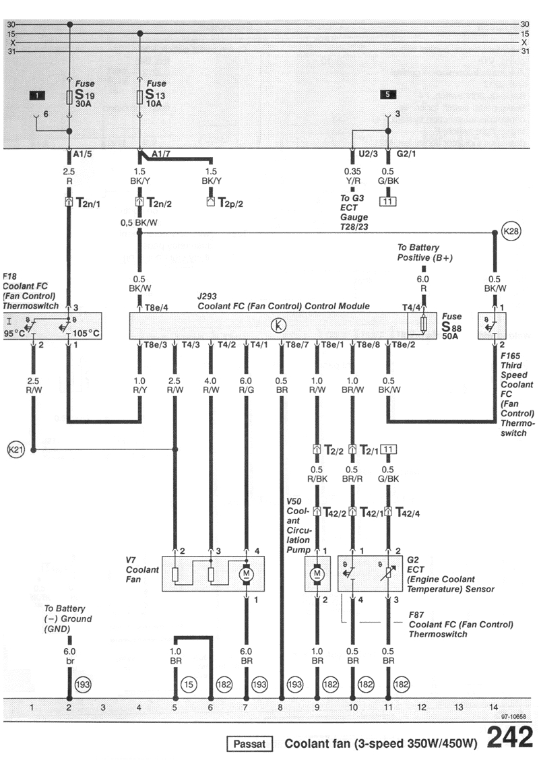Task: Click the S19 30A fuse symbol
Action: (70, 98)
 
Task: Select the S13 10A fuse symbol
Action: (139, 98)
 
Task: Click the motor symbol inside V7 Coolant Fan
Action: (246, 573)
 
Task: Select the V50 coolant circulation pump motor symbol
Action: (317, 573)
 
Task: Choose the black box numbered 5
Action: (388, 95)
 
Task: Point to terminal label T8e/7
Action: (297, 345)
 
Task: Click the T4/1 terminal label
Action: (260, 345)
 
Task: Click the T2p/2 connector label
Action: (228, 202)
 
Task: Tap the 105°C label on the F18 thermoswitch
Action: (87, 332)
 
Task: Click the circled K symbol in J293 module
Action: (278, 325)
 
